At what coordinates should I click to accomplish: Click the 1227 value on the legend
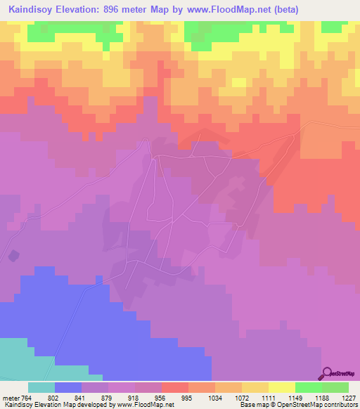point(349,397)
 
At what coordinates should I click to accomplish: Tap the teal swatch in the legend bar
point(41,387)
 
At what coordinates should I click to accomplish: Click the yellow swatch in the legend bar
point(281,387)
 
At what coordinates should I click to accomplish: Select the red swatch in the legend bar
point(174,387)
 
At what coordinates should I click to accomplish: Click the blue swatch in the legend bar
point(67,387)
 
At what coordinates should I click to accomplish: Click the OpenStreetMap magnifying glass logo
point(326,373)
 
